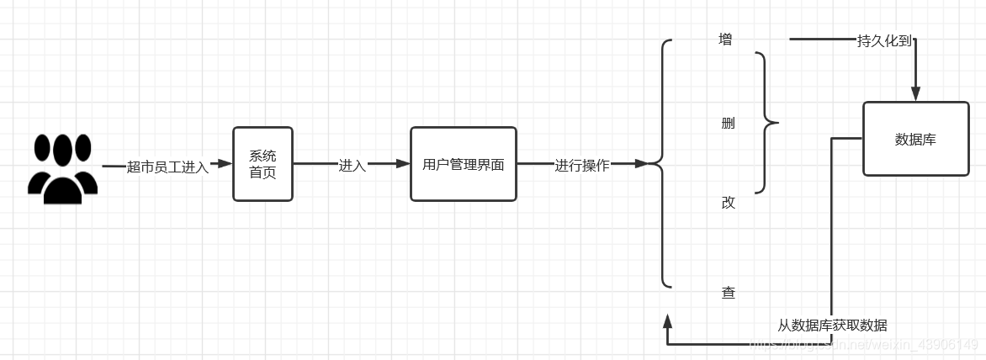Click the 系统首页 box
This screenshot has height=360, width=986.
coord(262,164)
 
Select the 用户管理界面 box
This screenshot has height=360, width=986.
coord(463,164)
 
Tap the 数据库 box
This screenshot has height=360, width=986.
coord(915,139)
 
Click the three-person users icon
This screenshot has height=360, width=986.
coord(63,168)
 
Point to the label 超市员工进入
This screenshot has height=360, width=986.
coord(167,167)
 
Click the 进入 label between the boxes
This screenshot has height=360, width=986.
coord(352,166)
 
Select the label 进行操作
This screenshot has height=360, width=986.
coord(581,166)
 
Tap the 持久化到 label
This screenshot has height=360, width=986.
coord(884,40)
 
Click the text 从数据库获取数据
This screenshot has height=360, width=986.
coord(831,326)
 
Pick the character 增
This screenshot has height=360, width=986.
coord(725,40)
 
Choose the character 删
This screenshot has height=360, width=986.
coord(728,124)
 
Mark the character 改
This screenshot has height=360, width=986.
coord(728,203)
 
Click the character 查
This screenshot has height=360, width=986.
coord(728,293)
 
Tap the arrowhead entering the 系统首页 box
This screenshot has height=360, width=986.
coord(225,164)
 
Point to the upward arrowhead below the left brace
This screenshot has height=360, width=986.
coord(668,321)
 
